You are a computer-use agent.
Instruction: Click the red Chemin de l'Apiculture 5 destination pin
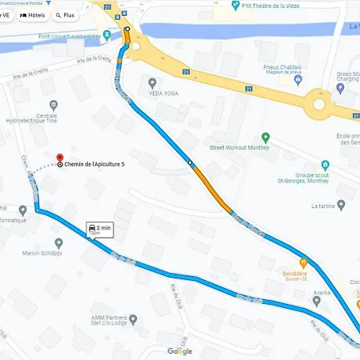tap(58, 158)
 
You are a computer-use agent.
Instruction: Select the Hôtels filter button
tap(34, 14)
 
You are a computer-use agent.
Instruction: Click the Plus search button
tap(66, 14)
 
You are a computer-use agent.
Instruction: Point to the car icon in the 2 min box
tap(93, 228)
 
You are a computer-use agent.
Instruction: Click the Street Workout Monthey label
tap(240, 147)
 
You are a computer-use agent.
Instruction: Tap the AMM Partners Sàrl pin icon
tap(134, 318)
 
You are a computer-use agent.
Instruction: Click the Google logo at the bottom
tap(179, 351)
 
